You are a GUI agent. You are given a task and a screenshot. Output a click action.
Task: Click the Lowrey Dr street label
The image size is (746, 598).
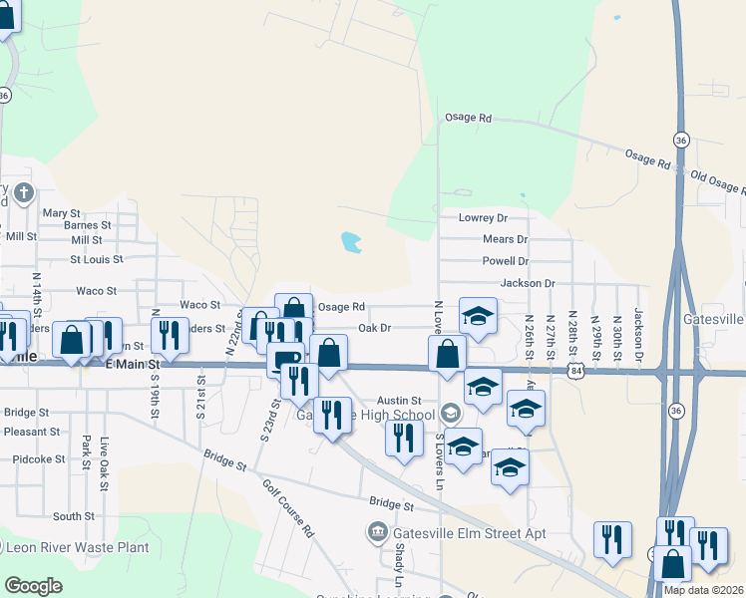[483, 217]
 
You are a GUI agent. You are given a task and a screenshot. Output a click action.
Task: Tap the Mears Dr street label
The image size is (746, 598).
[505, 239]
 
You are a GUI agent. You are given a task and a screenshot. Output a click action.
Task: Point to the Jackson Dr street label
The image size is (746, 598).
[528, 283]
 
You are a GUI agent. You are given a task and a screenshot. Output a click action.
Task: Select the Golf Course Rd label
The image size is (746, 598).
[288, 508]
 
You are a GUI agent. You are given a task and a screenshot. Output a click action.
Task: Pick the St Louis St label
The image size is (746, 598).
[96, 259]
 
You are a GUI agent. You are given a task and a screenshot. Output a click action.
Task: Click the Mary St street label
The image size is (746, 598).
[61, 213]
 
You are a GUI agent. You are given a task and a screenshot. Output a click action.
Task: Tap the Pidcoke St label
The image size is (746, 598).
[39, 459]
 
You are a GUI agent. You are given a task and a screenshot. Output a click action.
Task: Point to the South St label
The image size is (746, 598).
[74, 516]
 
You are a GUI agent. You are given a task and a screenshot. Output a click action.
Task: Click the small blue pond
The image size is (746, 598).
[350, 241]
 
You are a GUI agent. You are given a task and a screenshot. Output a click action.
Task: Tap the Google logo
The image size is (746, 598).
[34, 586]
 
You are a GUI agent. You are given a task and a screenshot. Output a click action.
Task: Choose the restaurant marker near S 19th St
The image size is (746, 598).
[169, 336]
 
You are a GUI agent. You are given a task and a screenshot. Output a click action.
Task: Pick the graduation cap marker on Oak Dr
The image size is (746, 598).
[478, 316]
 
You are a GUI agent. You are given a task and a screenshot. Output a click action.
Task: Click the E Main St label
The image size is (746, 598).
[133, 366]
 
